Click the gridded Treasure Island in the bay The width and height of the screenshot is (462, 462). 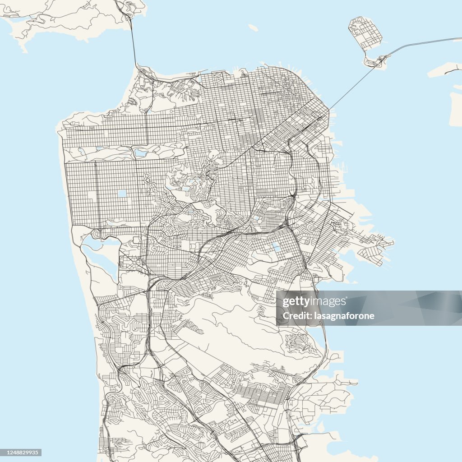click(x=365, y=32)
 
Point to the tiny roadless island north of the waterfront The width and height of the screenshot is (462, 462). click(x=253, y=28)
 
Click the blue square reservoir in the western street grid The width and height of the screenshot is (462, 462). click(x=122, y=194)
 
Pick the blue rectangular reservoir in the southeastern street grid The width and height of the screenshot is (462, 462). click(x=276, y=247)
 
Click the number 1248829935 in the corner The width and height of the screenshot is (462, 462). click(x=21, y=453)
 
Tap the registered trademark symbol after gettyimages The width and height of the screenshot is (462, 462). click(x=347, y=299)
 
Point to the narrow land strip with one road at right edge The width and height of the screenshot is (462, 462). click(x=444, y=69)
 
